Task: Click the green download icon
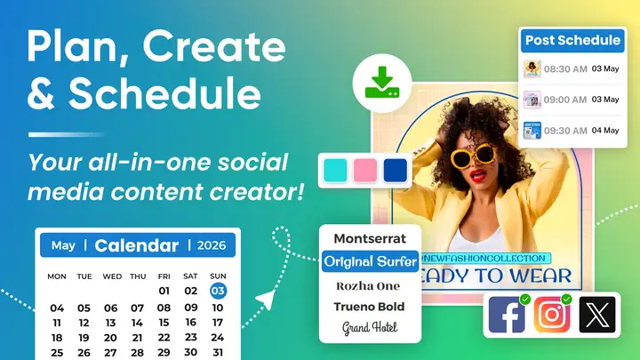[382, 83]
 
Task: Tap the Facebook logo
[507, 315]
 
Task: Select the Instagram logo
[552, 315]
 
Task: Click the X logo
[597, 315]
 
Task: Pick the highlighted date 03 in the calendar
[218, 291]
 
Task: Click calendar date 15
[164, 323]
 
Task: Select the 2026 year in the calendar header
[211, 245]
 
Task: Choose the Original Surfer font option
[370, 261]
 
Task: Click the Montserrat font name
[370, 238]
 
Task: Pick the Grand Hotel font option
[370, 328]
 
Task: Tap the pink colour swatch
[365, 170]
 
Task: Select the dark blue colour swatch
[395, 170]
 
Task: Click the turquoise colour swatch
[335, 170]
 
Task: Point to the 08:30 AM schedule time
[565, 69]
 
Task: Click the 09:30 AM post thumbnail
[532, 131]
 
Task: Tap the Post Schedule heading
[572, 40]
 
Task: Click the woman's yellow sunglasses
[474, 156]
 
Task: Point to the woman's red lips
[478, 175]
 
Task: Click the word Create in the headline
[214, 47]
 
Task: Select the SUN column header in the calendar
[218, 276]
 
